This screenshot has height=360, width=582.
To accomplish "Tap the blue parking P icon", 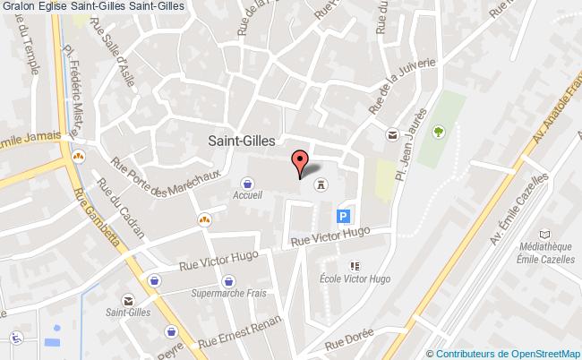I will tap(343, 216).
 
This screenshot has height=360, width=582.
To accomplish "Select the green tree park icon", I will tap(439, 133).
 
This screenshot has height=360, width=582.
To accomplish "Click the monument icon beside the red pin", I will tap(320, 185).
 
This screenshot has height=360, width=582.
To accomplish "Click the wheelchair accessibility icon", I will tap(15, 338).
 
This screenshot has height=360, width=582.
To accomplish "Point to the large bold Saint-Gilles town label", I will tap(243, 140).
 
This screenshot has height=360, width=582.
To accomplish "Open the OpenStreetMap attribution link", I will tap(507, 353).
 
